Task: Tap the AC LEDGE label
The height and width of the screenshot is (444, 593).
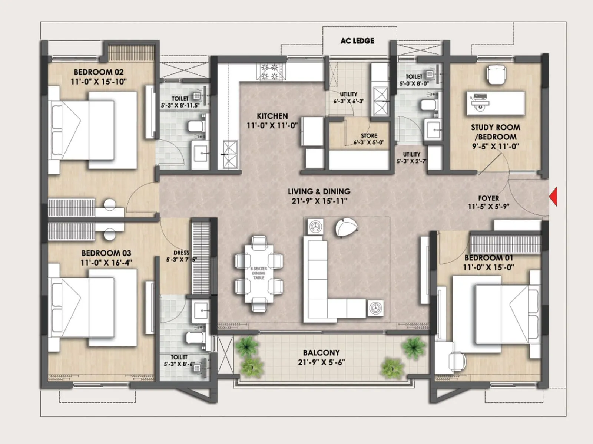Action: tap(357, 41)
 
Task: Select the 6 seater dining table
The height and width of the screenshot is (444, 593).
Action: tap(259, 273)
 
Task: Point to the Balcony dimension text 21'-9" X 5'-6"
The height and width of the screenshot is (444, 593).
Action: tap(321, 362)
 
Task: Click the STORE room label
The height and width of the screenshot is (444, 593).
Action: tap(369, 136)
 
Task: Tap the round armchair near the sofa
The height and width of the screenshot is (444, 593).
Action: tap(346, 227)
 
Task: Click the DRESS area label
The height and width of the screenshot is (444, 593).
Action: tap(181, 253)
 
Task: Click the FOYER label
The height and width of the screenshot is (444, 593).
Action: tap(488, 198)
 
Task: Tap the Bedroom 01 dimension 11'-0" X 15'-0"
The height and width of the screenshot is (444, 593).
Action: tap(488, 267)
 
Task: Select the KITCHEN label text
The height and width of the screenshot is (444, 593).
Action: tap(272, 116)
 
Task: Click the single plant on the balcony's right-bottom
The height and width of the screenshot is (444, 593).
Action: tap(392, 367)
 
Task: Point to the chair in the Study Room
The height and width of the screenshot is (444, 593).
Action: tap(496, 75)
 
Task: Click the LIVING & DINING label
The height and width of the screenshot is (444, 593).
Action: tap(319, 191)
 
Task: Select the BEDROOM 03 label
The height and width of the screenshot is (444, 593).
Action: tap(106, 253)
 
